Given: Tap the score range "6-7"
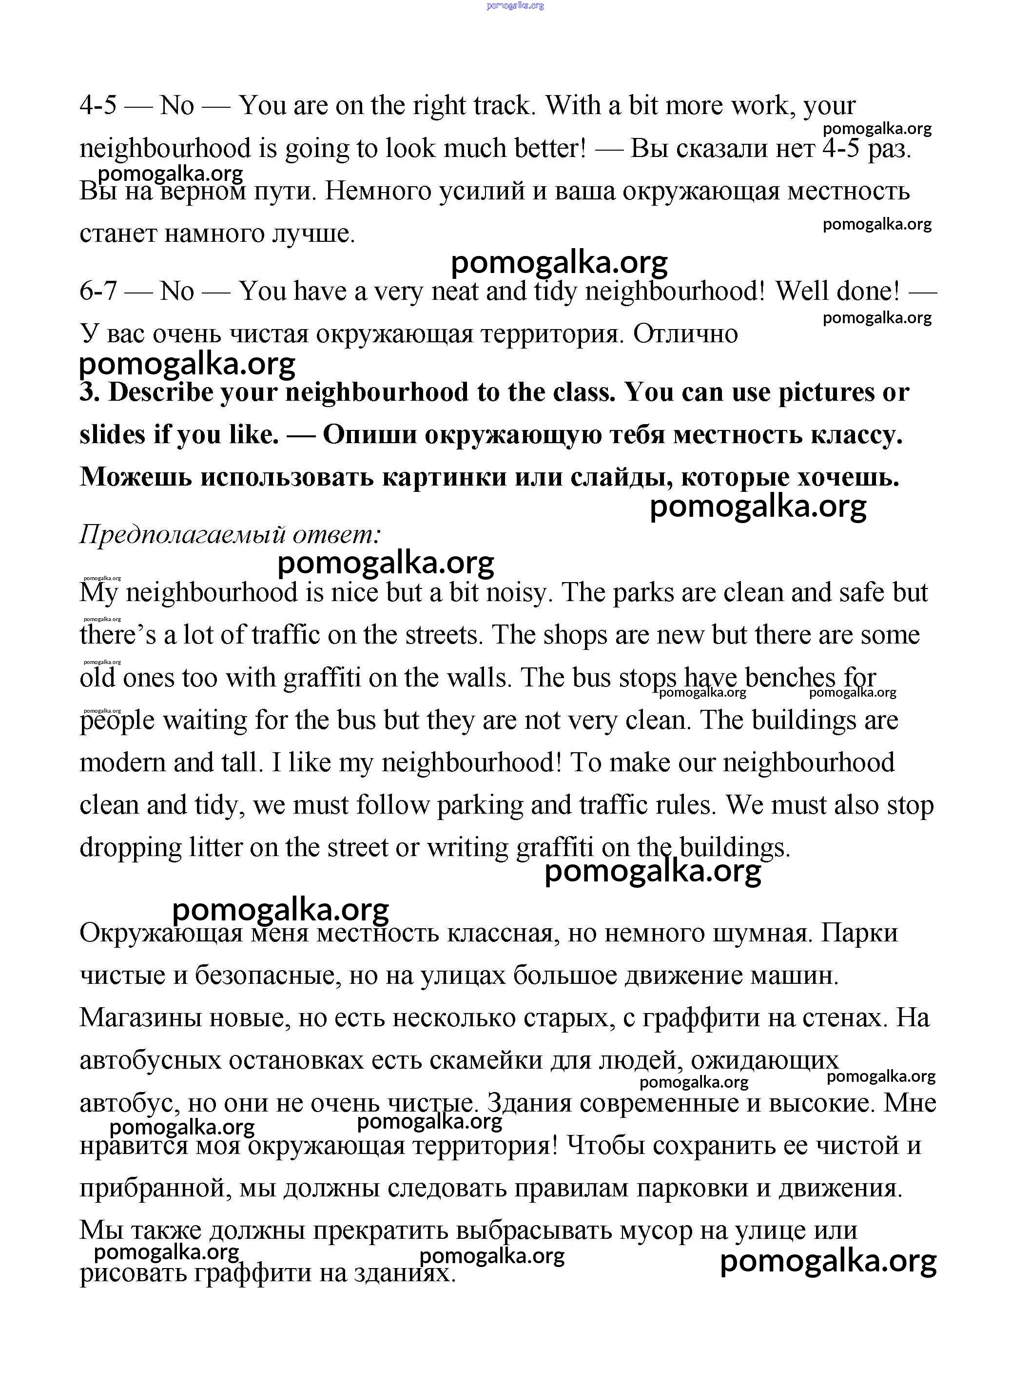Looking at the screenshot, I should pos(98,291).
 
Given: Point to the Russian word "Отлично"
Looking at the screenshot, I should pos(685,333).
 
